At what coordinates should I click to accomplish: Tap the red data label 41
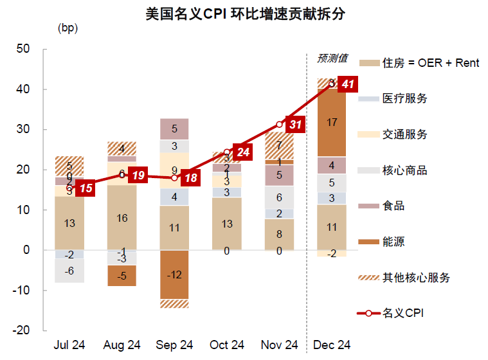(x=348, y=84)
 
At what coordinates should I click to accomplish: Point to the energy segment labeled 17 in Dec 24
(x=332, y=123)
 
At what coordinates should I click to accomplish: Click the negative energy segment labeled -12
(x=175, y=274)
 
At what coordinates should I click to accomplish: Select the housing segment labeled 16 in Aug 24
(x=122, y=217)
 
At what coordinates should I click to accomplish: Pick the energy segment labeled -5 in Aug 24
(x=122, y=275)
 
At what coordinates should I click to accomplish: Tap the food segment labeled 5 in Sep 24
(x=175, y=129)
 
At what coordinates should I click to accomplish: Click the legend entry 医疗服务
(x=404, y=98)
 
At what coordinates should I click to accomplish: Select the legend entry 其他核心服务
(x=416, y=278)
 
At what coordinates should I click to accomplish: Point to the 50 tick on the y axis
(x=23, y=49)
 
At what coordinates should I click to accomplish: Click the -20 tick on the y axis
(x=21, y=330)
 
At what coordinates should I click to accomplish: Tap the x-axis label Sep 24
(x=175, y=345)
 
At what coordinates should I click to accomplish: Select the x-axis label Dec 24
(x=332, y=345)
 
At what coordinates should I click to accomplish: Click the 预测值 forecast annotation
(x=332, y=59)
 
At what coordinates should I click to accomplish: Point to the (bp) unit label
(x=68, y=28)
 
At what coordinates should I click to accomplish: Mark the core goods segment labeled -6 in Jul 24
(x=69, y=271)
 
